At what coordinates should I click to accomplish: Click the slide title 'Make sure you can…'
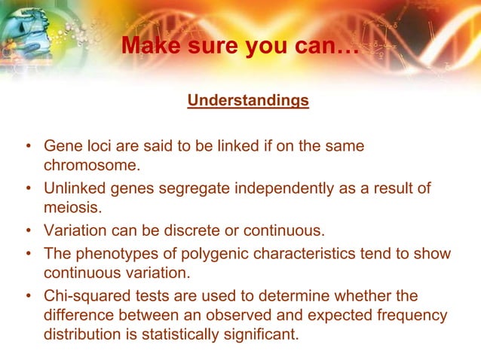[240, 47]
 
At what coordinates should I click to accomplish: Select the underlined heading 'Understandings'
[248, 100]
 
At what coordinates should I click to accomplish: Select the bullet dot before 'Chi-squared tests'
[28, 297]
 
